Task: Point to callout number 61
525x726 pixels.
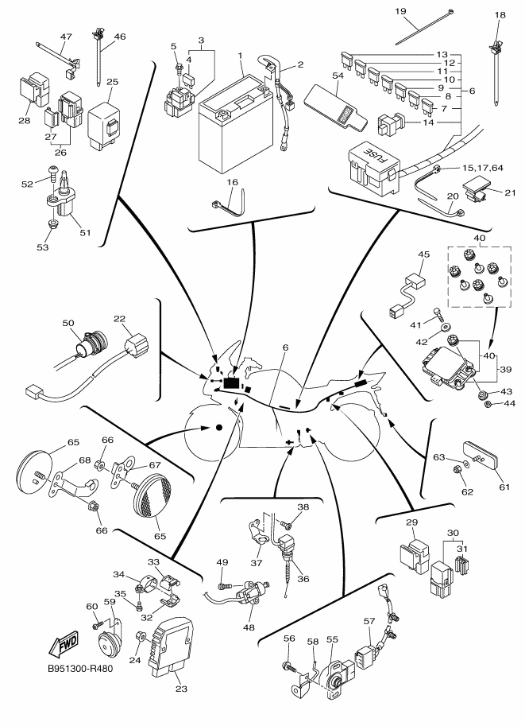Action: [501, 487]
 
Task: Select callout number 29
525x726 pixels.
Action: [411, 522]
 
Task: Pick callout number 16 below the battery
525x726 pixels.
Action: [233, 182]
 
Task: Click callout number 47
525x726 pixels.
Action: [66, 37]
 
